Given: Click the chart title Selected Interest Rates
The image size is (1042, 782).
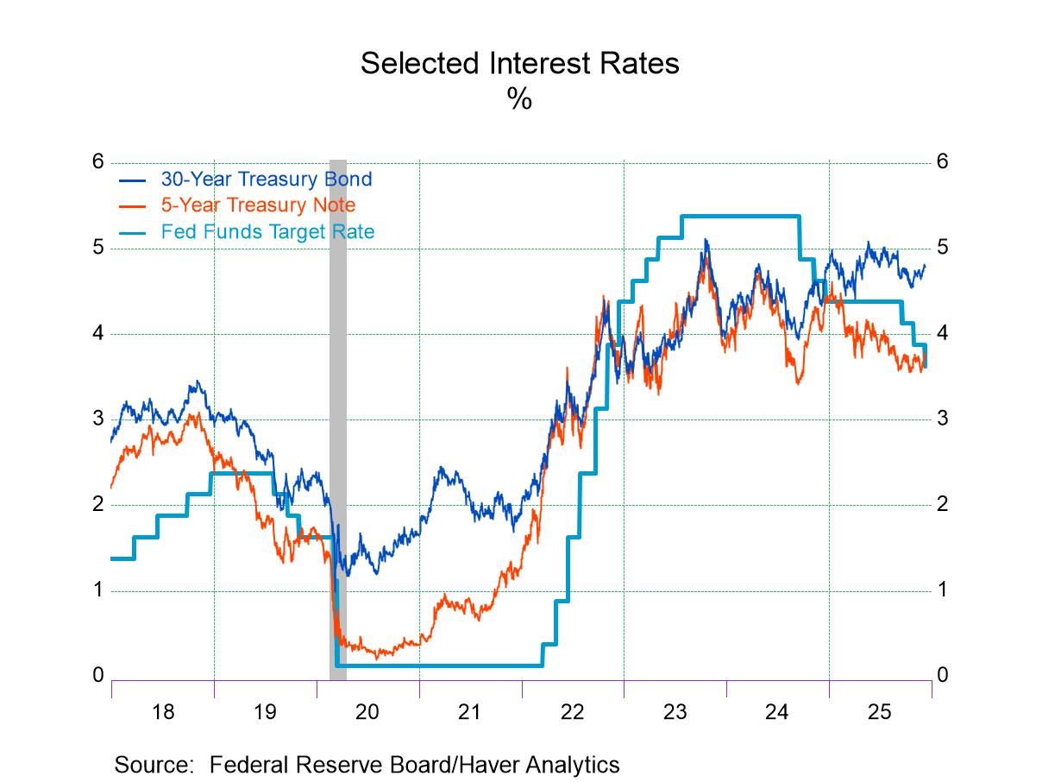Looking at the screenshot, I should [x=519, y=63].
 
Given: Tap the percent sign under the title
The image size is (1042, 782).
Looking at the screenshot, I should [x=519, y=99].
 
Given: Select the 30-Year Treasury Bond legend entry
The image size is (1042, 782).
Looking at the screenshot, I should [x=266, y=180].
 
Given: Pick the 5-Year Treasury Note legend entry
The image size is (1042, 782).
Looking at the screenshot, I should [x=257, y=205].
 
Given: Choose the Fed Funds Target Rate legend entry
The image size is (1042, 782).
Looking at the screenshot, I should [x=267, y=231].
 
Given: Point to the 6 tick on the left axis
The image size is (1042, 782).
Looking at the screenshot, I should [x=97, y=161].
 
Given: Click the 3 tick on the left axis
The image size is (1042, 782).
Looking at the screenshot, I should [x=97, y=419].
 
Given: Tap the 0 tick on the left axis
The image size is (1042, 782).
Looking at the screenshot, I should [x=97, y=675].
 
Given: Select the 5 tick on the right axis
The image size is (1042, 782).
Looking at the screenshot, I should [x=943, y=248].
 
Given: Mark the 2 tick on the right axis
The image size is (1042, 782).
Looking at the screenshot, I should [x=943, y=504].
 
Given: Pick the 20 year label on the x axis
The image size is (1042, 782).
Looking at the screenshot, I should [x=367, y=712].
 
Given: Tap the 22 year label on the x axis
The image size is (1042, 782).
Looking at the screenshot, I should [x=572, y=712].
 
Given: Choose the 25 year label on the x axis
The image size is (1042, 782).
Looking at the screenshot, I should [x=879, y=712].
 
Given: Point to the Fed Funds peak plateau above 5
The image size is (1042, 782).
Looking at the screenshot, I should [x=740, y=216].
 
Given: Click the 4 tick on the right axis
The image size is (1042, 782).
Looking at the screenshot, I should [x=943, y=333].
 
